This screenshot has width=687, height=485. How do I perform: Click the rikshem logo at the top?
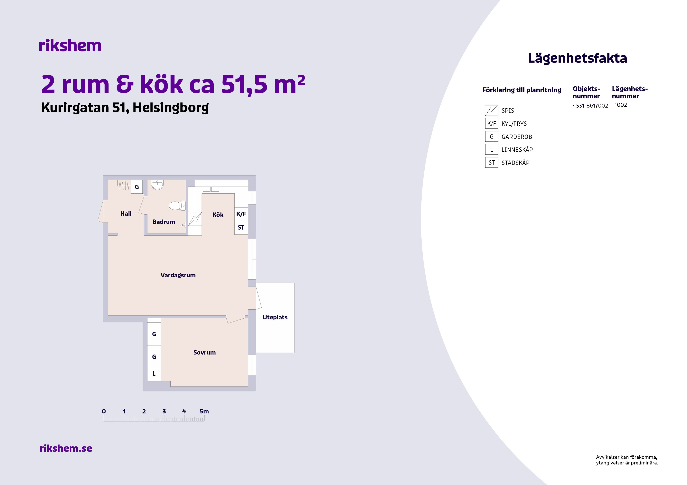70,46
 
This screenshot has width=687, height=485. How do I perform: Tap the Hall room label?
126,214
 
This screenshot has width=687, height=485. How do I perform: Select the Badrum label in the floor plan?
164,222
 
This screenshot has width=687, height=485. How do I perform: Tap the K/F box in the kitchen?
241,214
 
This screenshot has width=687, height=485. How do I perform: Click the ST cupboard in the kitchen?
241,228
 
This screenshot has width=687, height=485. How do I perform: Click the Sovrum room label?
204,352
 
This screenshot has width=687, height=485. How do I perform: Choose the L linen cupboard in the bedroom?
154,374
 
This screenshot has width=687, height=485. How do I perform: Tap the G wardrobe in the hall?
137,187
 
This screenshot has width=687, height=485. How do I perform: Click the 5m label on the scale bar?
204,411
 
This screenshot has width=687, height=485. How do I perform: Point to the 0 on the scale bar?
104,411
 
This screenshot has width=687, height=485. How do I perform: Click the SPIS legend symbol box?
491,110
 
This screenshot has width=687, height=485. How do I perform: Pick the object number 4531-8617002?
590,106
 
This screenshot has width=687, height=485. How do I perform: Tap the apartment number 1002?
621,105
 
